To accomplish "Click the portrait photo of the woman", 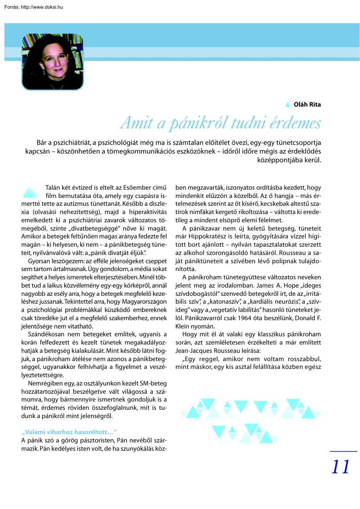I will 52,62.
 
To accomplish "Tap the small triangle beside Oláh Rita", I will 287,104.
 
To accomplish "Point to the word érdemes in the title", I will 294,124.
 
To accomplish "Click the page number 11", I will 340,467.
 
